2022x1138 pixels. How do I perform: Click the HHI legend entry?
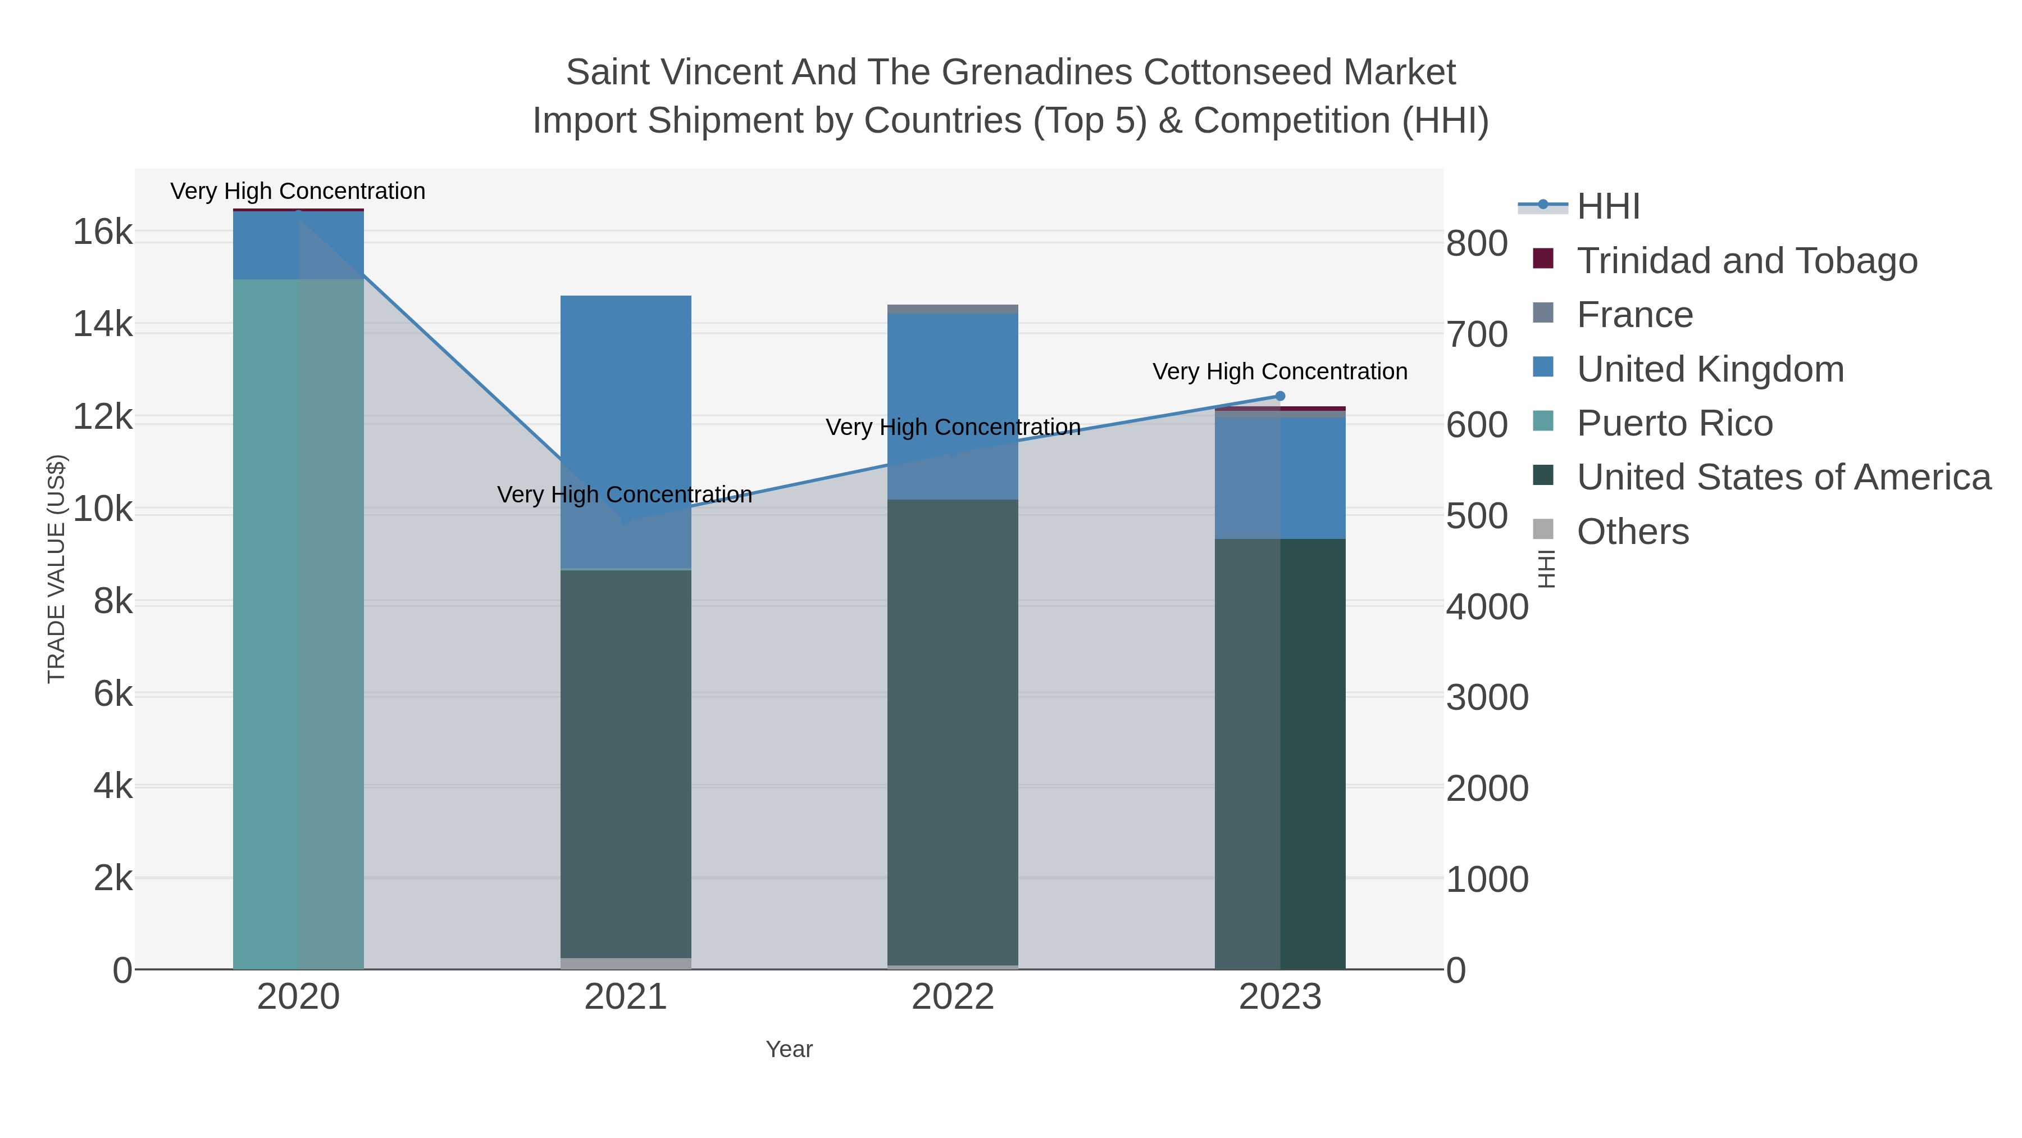click(x=1607, y=207)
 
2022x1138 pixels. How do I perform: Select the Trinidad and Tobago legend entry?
click(x=1746, y=261)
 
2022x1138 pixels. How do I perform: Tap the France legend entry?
click(x=1634, y=315)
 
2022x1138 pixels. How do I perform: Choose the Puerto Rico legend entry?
click(x=1674, y=423)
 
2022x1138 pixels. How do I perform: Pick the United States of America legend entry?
click(x=1783, y=478)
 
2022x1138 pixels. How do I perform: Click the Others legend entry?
click(x=1633, y=532)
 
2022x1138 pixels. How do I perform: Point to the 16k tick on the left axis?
click(x=103, y=233)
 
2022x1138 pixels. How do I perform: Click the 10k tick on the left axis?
click(x=103, y=510)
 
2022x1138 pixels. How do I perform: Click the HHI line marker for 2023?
click(x=1279, y=396)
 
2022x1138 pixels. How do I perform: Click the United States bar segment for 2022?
click(x=952, y=731)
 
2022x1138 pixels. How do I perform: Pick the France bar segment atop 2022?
click(x=952, y=309)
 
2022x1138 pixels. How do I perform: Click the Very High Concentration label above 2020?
click(x=298, y=191)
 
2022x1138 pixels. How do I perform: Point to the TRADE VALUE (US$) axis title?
click(x=57, y=569)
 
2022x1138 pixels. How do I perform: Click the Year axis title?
click(x=789, y=1049)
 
